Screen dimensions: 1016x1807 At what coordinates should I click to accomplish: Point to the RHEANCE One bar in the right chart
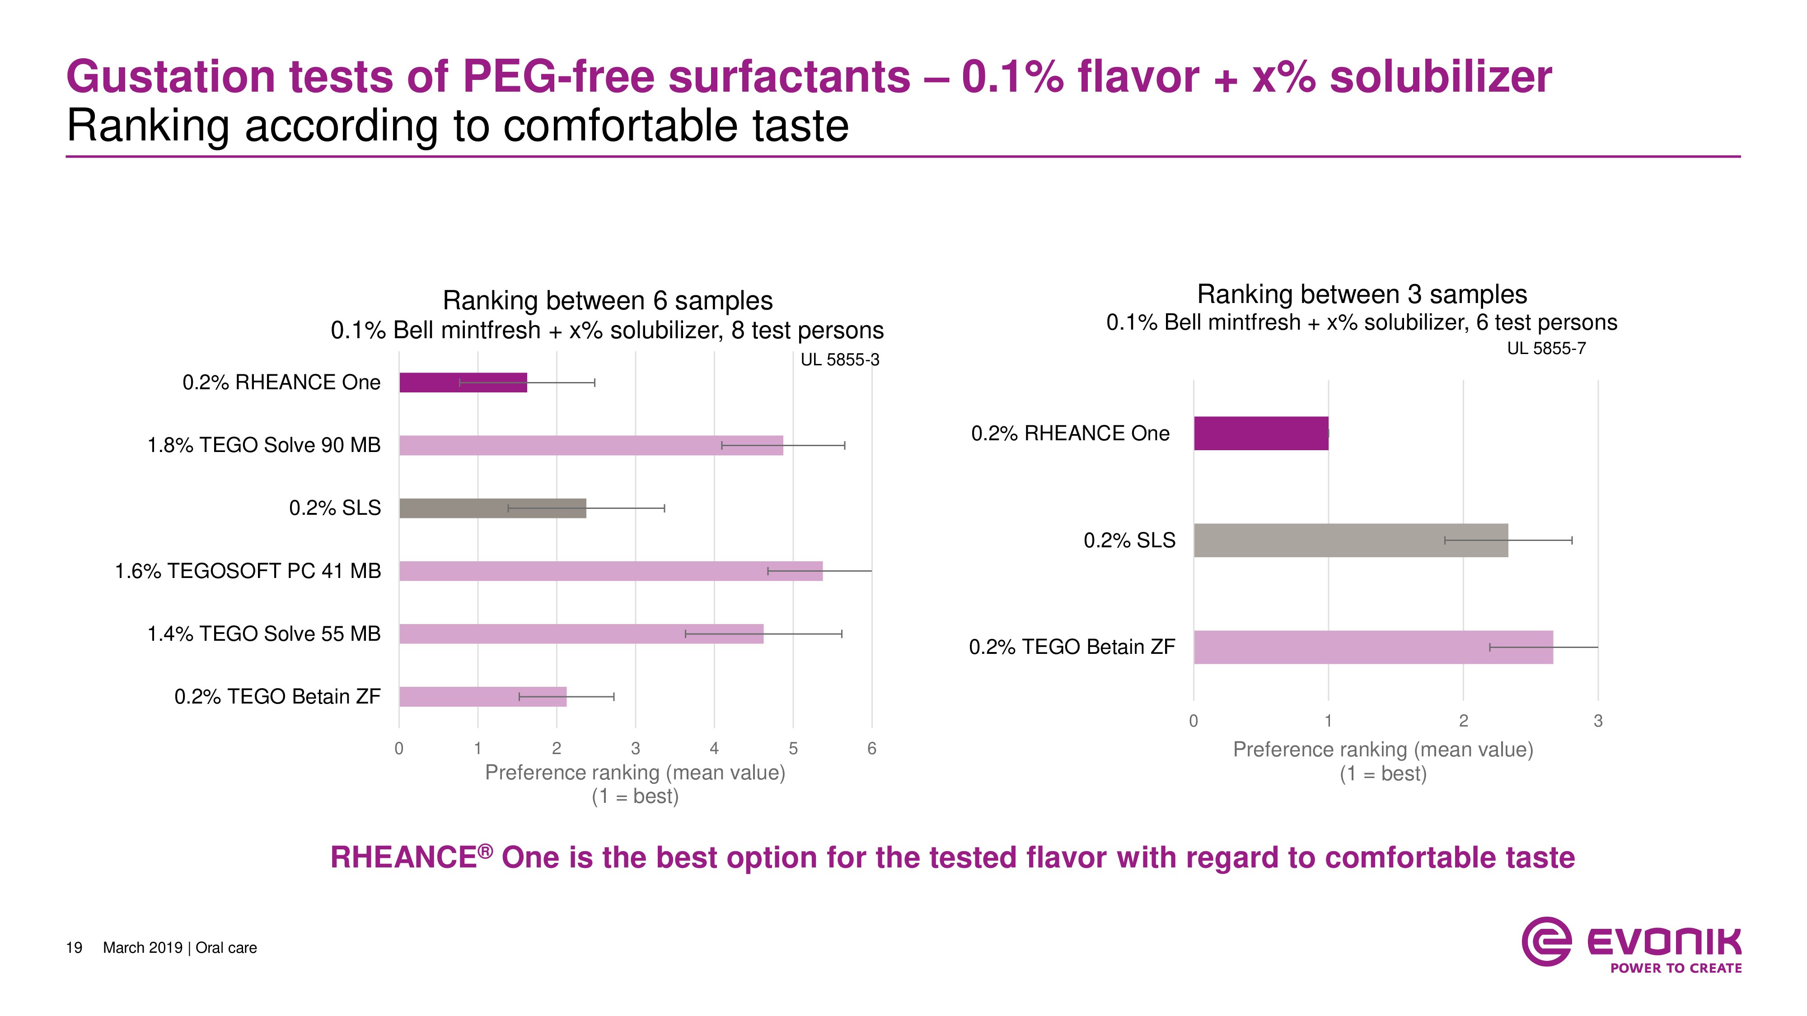(1260, 433)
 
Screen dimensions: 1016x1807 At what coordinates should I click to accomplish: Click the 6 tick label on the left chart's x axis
(871, 749)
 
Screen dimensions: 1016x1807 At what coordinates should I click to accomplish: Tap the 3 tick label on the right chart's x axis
(1598, 721)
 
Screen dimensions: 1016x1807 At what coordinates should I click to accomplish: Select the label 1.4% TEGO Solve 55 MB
(264, 634)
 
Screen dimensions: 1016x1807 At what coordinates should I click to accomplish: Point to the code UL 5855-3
(840, 360)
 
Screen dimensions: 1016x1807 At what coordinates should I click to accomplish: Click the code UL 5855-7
(1546, 349)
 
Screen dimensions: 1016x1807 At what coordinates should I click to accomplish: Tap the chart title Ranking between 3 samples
(1362, 294)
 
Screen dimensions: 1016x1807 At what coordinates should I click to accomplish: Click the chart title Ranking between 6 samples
(608, 301)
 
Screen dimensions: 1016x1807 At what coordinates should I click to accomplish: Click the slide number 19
(74, 948)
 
